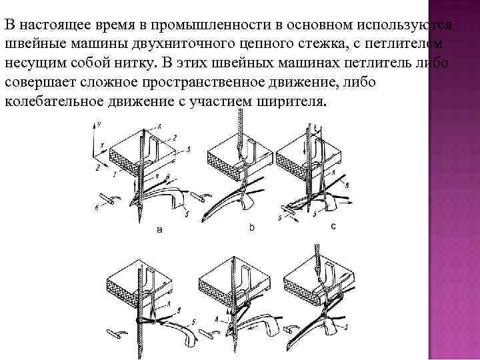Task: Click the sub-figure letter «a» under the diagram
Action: point(159,229)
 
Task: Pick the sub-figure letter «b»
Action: point(252,228)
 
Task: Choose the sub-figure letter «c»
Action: point(333,227)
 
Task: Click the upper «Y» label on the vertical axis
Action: point(99,125)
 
